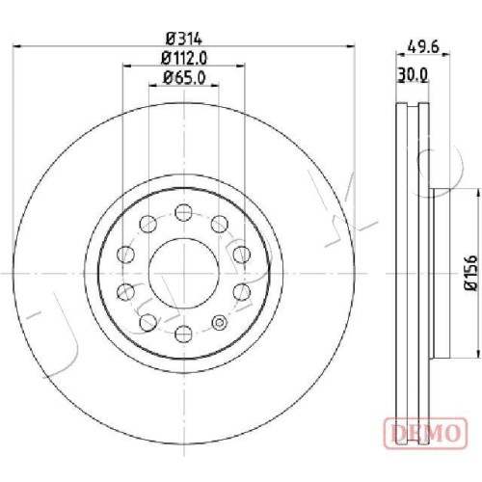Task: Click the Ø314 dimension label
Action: coord(184,40)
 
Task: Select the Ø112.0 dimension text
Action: coord(184,58)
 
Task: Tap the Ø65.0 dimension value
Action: coord(184,78)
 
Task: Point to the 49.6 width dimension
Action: coord(422,47)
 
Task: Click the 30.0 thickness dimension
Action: coord(413,75)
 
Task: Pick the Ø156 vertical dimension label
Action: coord(472,273)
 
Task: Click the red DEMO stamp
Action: coord(425,433)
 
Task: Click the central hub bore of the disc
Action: coord(184,274)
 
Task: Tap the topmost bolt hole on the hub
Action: coord(184,212)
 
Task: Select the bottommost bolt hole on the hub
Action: coord(184,334)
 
